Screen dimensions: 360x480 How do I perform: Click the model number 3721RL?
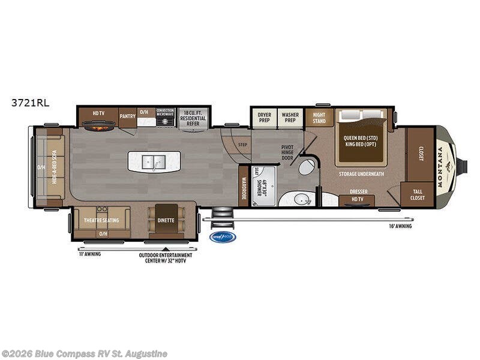[29, 103]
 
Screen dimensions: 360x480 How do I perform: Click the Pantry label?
[127, 116]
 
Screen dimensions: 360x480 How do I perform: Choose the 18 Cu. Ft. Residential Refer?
[193, 116]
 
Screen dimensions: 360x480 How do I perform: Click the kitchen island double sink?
[154, 161]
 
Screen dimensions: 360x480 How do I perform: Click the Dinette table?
[166, 220]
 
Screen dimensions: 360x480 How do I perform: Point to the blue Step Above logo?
[223, 237]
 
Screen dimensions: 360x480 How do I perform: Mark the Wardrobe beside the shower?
[244, 186]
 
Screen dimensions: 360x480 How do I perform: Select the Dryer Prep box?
[264, 118]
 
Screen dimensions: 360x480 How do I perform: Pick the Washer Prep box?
[290, 118]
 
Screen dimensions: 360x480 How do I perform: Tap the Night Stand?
[319, 118]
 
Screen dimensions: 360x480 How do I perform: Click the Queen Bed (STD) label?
[361, 137]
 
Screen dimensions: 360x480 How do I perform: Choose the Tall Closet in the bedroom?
[418, 194]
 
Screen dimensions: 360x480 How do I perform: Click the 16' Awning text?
[400, 226]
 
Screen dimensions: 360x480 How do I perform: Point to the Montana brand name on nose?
[445, 167]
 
